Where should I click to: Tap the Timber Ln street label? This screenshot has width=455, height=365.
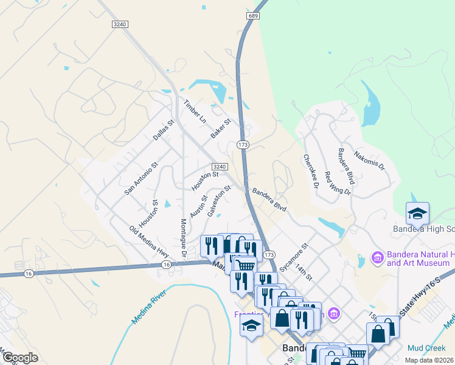[x=196, y=111]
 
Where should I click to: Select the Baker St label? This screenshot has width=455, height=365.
[x=221, y=128]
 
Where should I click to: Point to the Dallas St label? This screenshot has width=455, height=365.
[x=164, y=130]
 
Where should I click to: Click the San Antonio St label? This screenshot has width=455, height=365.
[x=141, y=178]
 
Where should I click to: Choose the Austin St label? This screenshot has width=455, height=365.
[x=198, y=206]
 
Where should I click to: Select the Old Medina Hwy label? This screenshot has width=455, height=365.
[x=149, y=240]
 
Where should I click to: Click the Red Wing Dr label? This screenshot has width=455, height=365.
[x=338, y=182]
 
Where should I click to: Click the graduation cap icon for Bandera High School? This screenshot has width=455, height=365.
[x=417, y=214]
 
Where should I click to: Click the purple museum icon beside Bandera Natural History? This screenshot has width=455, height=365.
[x=377, y=259]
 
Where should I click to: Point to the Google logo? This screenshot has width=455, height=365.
[x=20, y=357]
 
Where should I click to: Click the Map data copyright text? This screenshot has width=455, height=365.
[x=429, y=360]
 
